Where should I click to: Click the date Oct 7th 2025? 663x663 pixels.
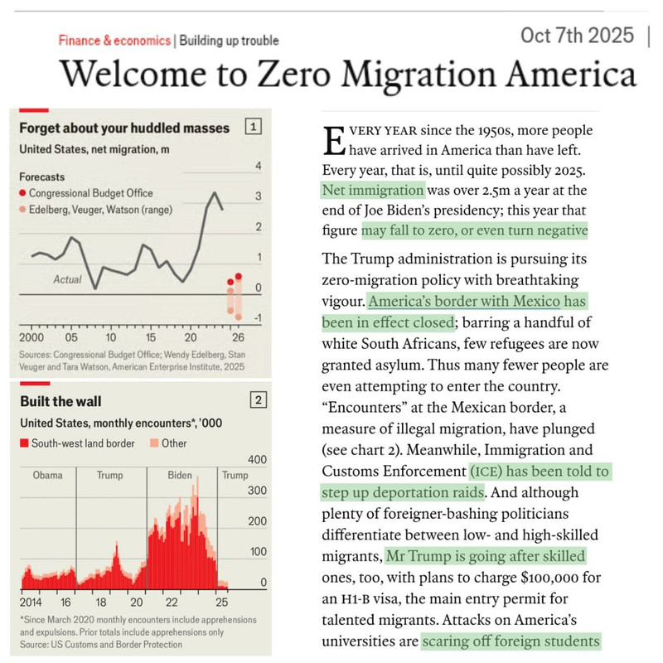576,36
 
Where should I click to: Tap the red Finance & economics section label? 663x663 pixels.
114,41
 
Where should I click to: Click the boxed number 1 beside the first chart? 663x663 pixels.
254,127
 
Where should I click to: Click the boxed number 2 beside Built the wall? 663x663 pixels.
259,401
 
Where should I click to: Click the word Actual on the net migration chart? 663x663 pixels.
68,279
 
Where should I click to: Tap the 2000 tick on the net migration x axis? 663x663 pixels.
31,338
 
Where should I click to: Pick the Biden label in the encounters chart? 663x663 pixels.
180,476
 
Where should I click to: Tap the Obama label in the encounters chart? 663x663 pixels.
47,476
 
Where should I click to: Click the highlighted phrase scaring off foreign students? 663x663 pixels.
510,641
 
